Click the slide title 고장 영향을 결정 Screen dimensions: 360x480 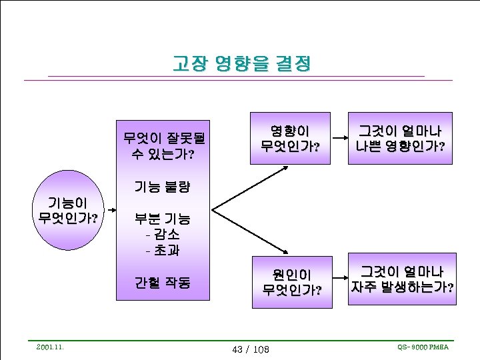coord(241,64)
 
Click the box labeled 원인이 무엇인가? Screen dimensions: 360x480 coord(291,281)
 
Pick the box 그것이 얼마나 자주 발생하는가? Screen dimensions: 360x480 coord(402,279)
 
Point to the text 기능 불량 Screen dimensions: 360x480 coord(163,186)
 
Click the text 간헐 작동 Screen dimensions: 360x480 coord(163,283)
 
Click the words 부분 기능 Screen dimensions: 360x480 coord(163,219)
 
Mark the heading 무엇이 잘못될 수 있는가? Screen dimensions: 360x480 coord(163,147)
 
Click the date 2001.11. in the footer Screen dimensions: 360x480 coord(50,347)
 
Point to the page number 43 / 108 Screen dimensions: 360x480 coord(249,349)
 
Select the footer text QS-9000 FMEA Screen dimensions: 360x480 coord(423,347)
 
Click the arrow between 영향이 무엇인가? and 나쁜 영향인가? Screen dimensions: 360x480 coord(340,138)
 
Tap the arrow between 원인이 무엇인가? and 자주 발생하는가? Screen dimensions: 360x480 coord(340,281)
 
